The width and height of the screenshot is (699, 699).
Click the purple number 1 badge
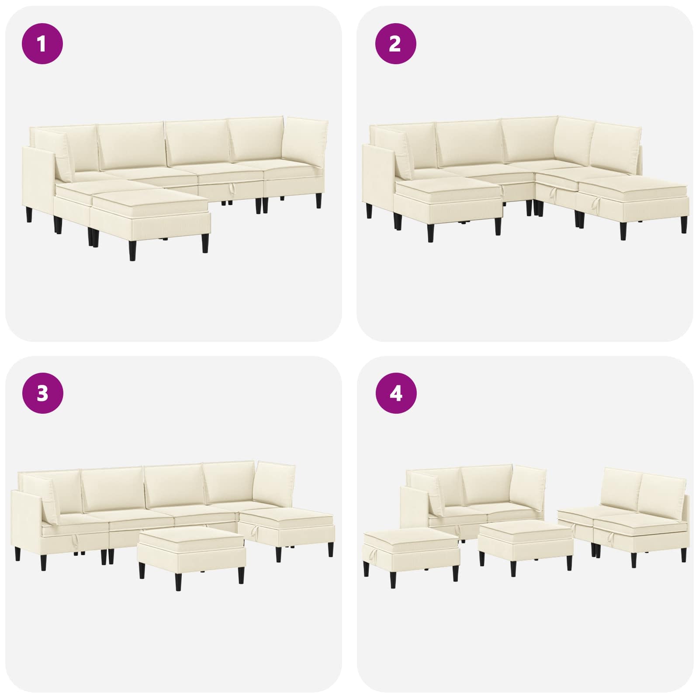[x=42, y=44]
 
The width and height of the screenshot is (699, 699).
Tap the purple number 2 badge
[x=396, y=44]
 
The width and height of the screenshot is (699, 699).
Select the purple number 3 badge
[x=42, y=394]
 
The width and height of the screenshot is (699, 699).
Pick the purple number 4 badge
[x=396, y=394]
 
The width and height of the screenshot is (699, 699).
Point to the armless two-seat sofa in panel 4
[x=624, y=524]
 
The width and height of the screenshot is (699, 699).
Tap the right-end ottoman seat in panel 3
[x=287, y=531]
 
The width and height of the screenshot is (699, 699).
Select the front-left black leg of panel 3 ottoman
[x=142, y=571]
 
